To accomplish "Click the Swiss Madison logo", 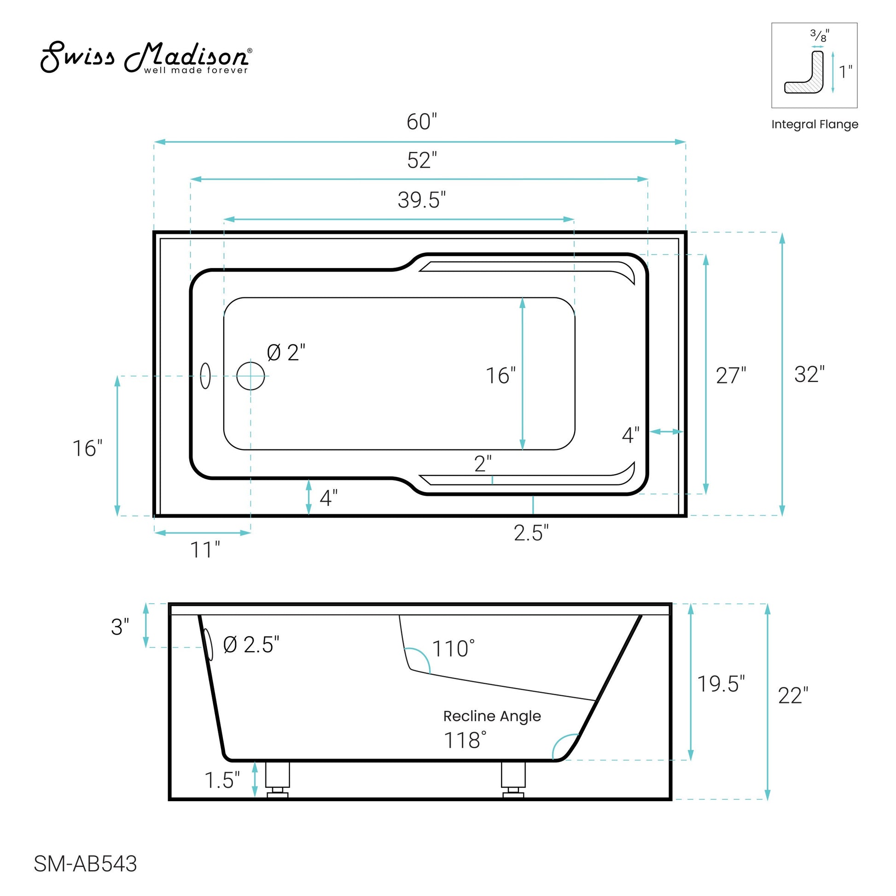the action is pos(146,58).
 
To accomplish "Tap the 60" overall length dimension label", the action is pos(422,122).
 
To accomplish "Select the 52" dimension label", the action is pos(422,161).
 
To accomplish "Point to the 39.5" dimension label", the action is pos(422,200).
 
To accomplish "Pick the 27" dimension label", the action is pos(731,376).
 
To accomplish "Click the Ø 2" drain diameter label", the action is pos(286,353).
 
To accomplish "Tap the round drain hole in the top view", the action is pos(250,376).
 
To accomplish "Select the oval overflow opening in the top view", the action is pos(205,376).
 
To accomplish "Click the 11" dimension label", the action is pos(205,551).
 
